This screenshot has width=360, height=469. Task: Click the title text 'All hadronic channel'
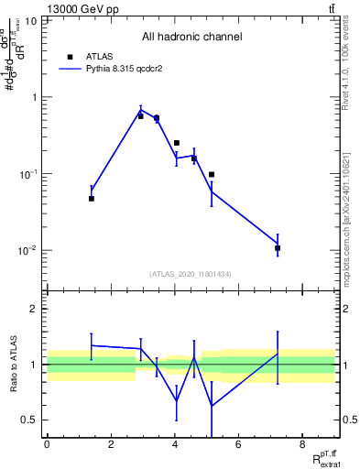[x=191, y=38]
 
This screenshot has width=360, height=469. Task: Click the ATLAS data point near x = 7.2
[x=278, y=248]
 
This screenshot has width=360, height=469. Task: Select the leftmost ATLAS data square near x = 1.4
[x=92, y=198]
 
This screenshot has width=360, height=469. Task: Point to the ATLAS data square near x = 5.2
[x=212, y=174]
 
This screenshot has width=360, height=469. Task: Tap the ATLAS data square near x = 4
[x=177, y=143]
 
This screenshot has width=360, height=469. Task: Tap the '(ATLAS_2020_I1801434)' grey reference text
[x=191, y=274]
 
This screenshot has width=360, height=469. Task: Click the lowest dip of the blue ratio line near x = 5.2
[x=212, y=405]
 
